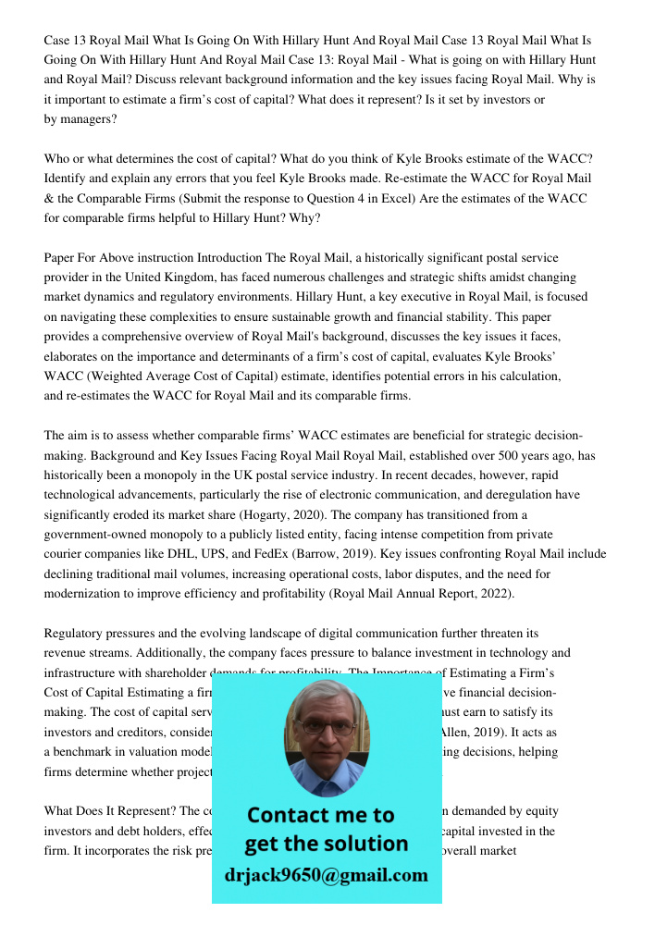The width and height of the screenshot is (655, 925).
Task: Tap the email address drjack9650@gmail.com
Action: pos(326,874)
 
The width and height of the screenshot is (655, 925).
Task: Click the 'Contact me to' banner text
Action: pos(320,815)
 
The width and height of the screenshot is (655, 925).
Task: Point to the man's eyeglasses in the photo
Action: pos(325,726)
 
